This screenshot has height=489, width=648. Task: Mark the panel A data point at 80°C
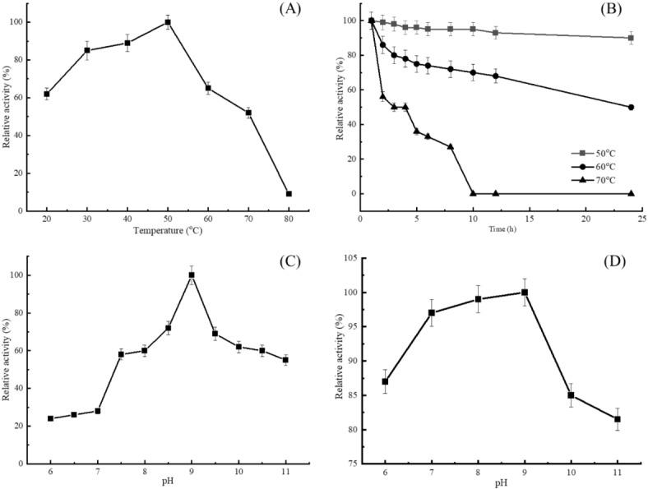pos(289,194)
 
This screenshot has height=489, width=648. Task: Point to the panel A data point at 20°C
pos(47,94)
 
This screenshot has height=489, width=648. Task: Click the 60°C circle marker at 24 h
pos(631,107)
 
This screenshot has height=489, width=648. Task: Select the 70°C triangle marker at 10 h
pos(473,193)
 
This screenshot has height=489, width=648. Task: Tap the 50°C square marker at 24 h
pos(631,38)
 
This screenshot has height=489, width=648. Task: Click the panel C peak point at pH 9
pos(192,275)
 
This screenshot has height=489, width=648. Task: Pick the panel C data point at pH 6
pos(50,418)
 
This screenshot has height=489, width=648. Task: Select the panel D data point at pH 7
pos(431,312)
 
